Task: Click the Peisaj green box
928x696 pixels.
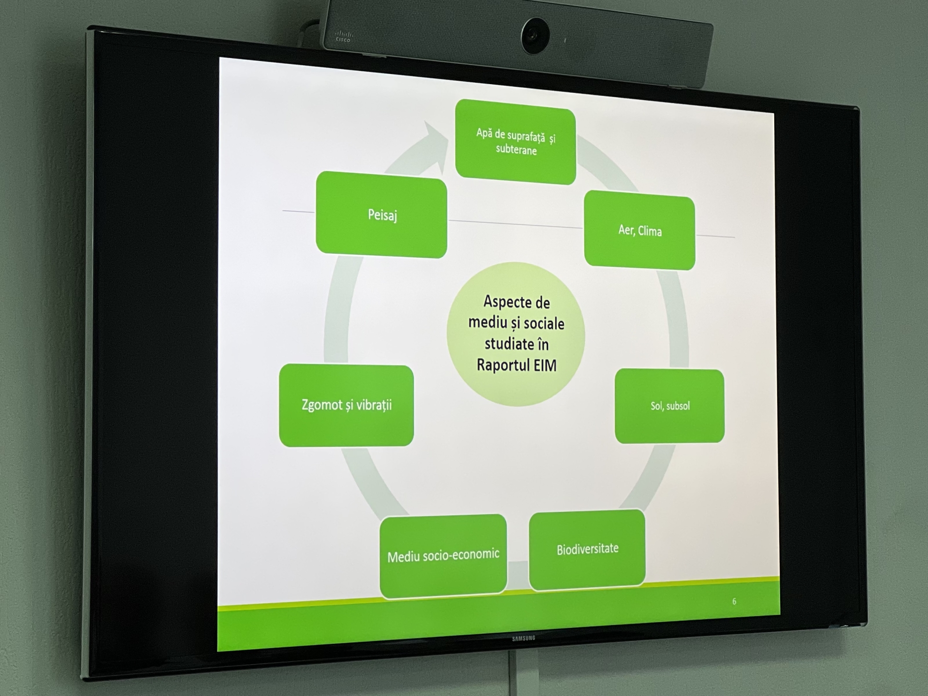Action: (381, 215)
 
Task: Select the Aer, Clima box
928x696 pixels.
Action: (639, 230)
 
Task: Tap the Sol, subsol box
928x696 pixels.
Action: (669, 406)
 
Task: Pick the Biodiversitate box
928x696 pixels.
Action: (587, 550)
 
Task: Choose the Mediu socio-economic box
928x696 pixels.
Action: (443, 556)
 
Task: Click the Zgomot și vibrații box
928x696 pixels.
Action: (347, 405)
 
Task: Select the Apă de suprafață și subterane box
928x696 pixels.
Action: (515, 142)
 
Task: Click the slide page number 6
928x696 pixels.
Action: (734, 601)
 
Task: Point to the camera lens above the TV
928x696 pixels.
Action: (535, 35)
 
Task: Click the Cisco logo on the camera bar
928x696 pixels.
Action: (344, 36)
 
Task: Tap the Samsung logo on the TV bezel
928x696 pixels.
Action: (524, 638)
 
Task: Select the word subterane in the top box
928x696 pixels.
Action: (516, 149)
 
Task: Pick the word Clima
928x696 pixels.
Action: (650, 231)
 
